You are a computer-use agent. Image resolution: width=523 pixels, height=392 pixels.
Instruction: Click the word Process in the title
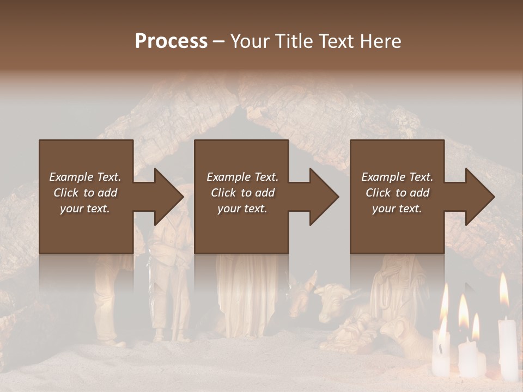click(171, 41)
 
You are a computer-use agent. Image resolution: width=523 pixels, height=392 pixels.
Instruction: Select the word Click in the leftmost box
click(66, 193)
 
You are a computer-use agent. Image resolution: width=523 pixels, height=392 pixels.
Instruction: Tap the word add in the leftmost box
click(108, 193)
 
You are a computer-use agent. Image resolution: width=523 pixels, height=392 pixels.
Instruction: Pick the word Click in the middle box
click(223, 193)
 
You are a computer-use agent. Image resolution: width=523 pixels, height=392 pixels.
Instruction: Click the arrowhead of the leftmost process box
click(166, 197)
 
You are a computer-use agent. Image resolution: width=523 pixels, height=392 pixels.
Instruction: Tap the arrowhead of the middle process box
click(321, 197)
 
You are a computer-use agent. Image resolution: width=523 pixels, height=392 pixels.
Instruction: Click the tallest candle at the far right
click(508, 348)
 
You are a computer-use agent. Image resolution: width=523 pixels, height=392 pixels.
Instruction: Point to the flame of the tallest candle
click(504, 290)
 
